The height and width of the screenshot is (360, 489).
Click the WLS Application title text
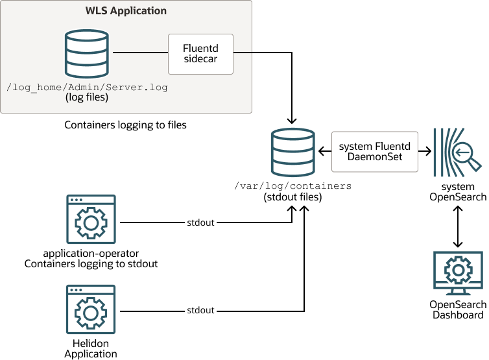pos(126,11)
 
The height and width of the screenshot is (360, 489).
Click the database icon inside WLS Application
pos(86,53)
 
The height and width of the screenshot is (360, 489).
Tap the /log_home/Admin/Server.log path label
pos(86,87)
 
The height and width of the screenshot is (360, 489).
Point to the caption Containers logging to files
pos(125,125)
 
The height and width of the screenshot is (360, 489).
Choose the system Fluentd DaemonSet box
pos(374,152)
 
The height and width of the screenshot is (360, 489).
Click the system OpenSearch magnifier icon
pos(458,152)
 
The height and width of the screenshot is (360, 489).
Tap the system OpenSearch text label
pos(458,192)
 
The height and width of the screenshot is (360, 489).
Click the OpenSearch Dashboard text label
pos(458,310)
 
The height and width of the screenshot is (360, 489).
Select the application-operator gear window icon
pos(91,219)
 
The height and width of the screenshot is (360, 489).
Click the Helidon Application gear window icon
pos(91,309)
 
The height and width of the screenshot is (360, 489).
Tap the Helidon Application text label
pos(91,348)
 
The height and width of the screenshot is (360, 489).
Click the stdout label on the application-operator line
pos(200,222)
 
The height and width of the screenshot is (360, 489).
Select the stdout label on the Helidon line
pos(200,310)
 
